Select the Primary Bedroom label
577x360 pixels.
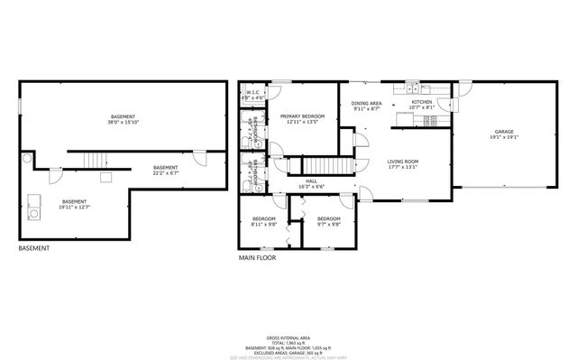pos(302,116)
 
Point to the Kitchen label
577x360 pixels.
pos(422,102)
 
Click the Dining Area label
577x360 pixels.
pos(367,104)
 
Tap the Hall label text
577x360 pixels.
pos(311,180)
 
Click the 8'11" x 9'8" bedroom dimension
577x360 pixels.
pos(263,224)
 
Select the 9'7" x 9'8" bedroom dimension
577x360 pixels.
pos(328,224)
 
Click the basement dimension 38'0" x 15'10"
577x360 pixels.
pos(124,122)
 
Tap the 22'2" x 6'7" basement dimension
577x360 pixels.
pos(165,171)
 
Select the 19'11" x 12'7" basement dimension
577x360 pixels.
pos(76,207)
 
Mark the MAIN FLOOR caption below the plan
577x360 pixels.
pos(257,258)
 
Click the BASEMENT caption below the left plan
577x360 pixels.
pos(33,248)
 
